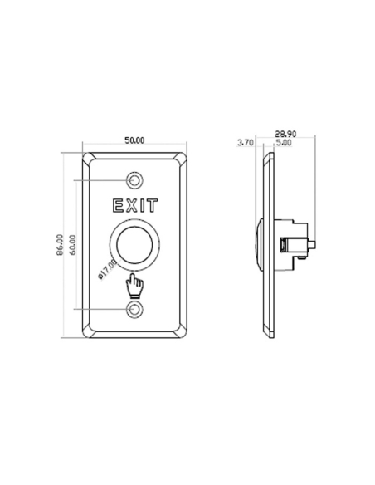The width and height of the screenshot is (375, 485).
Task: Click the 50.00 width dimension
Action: (135, 140)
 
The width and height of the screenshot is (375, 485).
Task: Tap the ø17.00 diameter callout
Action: (107, 270)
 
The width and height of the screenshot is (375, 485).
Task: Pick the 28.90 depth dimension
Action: (285, 134)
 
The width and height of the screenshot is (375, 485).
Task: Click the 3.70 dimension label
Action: (246, 143)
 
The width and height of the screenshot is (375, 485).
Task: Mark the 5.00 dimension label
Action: (283, 143)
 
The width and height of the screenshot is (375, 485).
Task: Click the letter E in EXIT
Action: (116, 204)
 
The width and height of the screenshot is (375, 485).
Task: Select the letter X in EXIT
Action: (132, 204)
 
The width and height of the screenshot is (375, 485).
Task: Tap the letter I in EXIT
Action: (144, 204)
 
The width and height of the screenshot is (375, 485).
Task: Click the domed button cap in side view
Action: (259, 244)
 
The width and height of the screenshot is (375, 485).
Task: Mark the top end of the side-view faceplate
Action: (265, 154)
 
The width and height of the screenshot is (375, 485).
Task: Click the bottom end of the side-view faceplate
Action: (265, 337)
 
